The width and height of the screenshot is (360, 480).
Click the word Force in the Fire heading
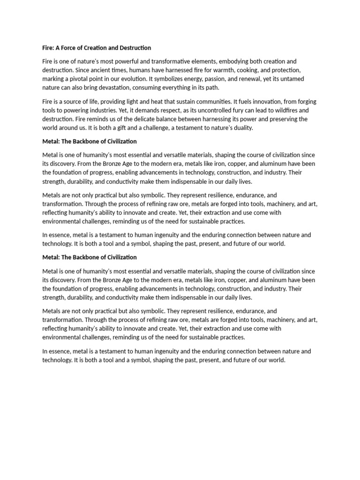tap(70, 48)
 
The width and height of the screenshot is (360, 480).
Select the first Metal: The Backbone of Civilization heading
tap(90, 141)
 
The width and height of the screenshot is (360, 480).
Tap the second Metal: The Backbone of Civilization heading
tap(90, 257)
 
